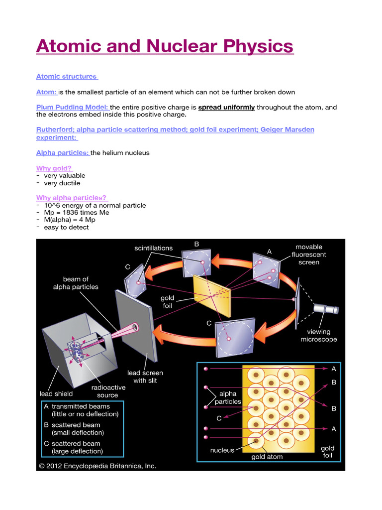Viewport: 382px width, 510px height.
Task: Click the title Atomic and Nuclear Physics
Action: tap(165, 47)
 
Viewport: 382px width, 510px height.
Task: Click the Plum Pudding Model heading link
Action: tap(73, 107)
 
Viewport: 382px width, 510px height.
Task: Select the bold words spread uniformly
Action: tap(226, 107)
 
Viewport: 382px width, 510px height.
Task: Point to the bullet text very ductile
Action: tap(62, 183)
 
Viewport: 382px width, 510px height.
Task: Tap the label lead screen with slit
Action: tap(145, 377)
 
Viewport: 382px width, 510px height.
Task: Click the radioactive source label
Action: tap(108, 391)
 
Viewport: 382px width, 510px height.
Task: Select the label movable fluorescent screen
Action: tap(309, 255)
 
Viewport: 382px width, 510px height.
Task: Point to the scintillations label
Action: tap(154, 248)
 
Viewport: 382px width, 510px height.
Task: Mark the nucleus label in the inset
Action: tap(222, 450)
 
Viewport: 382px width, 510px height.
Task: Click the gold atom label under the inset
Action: tap(267, 457)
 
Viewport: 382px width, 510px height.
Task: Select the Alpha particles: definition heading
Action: tap(63, 153)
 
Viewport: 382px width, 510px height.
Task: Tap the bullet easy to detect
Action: tap(66, 227)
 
